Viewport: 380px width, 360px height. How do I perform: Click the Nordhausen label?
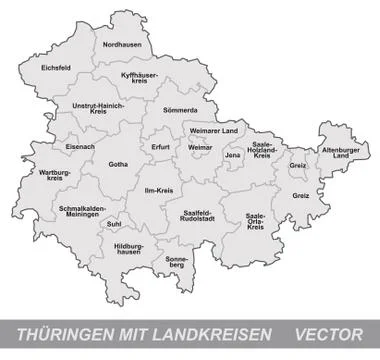pyautogui.click(x=122, y=45)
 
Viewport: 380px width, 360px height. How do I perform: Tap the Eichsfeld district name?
pyautogui.click(x=57, y=68)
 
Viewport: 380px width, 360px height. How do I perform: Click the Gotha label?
pyautogui.click(x=119, y=164)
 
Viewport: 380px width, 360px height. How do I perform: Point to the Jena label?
pyautogui.click(x=233, y=155)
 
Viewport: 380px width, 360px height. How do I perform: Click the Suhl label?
pyautogui.click(x=113, y=224)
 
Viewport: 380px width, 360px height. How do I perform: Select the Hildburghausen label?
pyautogui.click(x=129, y=248)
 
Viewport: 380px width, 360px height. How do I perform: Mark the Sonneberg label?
pyautogui.click(x=176, y=262)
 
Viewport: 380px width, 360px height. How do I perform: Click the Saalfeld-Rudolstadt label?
pyautogui.click(x=188, y=217)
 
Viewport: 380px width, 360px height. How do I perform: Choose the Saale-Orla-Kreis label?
pyautogui.click(x=255, y=221)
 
